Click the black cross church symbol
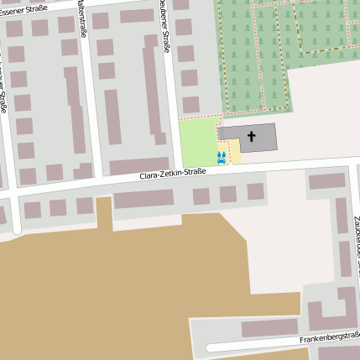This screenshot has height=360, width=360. point(253,136)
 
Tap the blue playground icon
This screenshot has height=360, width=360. point(222,157)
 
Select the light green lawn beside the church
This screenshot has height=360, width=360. point(198,141)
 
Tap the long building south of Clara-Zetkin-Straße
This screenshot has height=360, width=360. point(143,199)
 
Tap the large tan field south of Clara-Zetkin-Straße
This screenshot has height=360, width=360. point(109,285)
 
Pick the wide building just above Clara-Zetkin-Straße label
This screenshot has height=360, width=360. point(139,165)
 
